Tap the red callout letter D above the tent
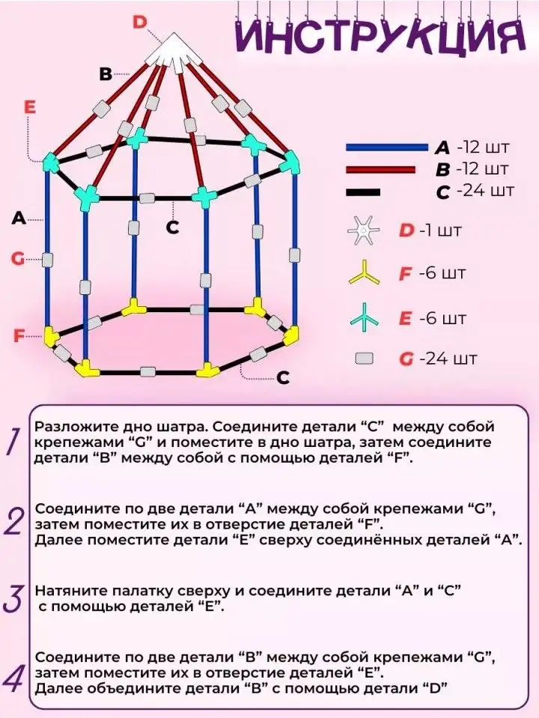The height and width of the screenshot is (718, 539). (x=140, y=22)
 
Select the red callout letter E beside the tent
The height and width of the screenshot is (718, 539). (x=29, y=107)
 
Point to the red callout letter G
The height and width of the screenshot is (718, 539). (x=17, y=259)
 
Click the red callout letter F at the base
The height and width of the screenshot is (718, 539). (x=18, y=336)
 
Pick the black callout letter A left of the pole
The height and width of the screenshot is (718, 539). (x=19, y=219)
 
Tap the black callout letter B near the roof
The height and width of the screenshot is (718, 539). (x=106, y=73)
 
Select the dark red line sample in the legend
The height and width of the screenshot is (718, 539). (x=380, y=170)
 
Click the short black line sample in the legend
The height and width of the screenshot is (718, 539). (x=363, y=192)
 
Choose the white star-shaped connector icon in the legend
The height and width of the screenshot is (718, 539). (x=363, y=231)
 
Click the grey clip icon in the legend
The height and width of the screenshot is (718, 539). (x=365, y=359)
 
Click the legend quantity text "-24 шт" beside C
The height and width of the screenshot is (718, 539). (x=485, y=190)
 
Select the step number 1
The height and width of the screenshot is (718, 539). (x=15, y=442)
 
